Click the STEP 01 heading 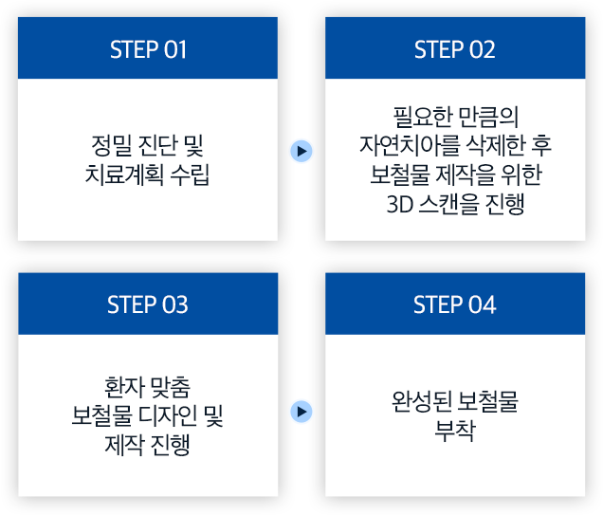(148, 49)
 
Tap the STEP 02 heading (454, 49)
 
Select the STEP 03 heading (148, 304)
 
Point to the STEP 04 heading (454, 304)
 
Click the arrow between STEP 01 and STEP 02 (301, 150)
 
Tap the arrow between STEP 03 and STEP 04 (301, 411)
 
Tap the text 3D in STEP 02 (400, 203)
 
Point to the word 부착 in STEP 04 (454, 430)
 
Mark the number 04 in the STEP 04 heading (482, 304)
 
